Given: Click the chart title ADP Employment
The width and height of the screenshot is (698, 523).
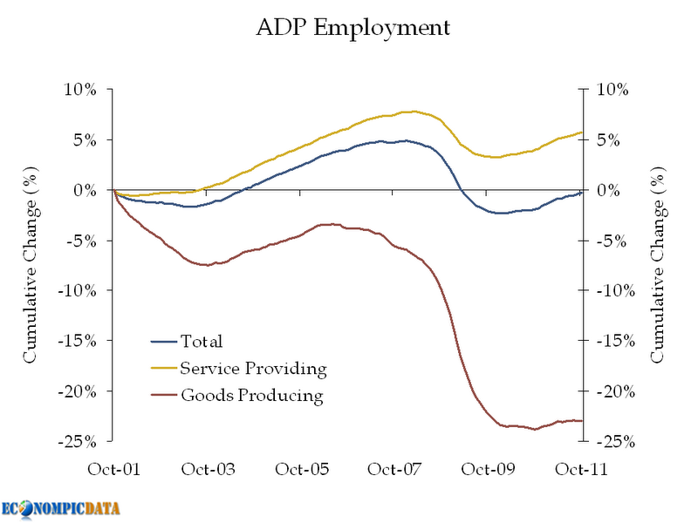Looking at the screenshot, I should point(352,28).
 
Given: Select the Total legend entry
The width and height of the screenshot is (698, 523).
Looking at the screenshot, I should point(201,341).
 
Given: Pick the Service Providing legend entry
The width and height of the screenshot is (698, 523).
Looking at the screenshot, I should point(253,369).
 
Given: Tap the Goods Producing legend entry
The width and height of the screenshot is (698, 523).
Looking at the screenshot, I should point(251,397).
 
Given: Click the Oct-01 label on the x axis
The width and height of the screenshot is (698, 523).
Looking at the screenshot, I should point(113,469).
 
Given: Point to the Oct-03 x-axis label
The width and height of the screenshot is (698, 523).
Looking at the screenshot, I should point(208,469).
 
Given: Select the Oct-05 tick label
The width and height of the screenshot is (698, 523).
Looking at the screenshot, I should point(301,469).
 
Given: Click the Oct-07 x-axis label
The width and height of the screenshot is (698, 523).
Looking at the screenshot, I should point(394,469).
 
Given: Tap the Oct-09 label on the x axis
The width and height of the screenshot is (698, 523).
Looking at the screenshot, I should point(488,469).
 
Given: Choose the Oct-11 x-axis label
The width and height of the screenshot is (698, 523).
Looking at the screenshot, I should point(581,469).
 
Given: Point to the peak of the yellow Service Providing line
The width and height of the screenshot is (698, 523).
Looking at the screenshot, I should point(412,111).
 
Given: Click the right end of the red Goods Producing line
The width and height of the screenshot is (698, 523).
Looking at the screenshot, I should point(582,421).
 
